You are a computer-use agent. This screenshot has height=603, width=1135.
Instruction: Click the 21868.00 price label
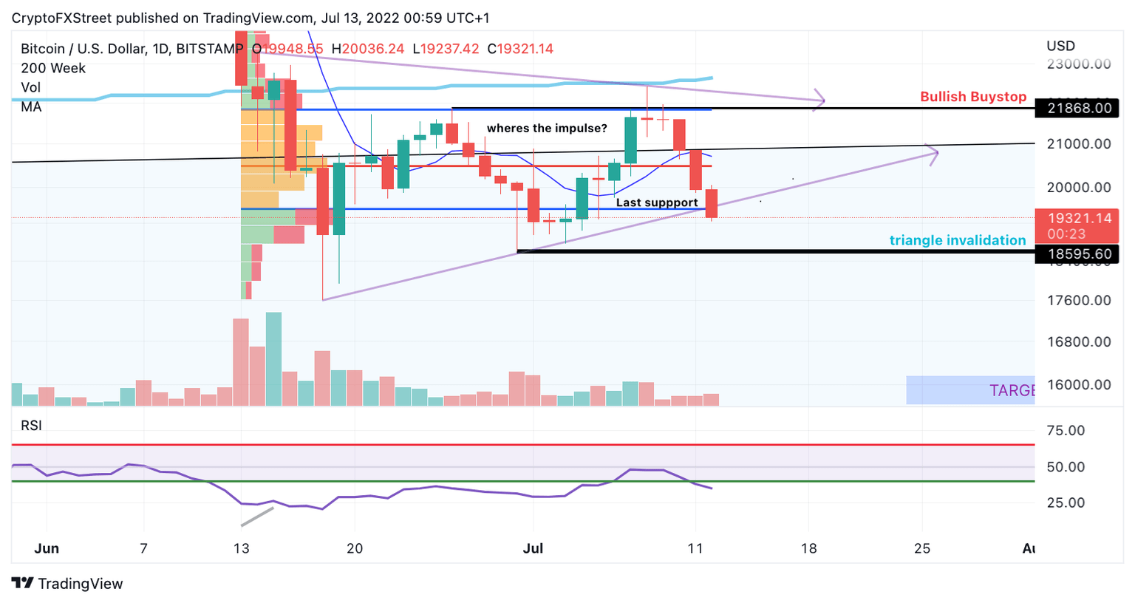[1079, 108]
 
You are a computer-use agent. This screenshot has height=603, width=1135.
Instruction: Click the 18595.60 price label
[1079, 253]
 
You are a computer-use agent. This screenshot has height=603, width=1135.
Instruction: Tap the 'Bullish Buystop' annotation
[972, 97]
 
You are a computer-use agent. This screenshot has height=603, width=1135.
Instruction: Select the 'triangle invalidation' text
[957, 240]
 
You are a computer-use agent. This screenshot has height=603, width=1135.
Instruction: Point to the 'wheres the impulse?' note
[547, 129]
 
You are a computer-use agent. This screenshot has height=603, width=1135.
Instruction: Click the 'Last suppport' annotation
[656, 202]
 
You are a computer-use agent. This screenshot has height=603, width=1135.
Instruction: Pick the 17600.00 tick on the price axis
[1079, 300]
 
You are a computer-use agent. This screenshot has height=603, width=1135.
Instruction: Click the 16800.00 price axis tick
[1079, 341]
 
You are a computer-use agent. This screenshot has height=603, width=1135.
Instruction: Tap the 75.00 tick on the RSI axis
[1066, 430]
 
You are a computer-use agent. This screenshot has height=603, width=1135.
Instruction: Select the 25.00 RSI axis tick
[1066, 502]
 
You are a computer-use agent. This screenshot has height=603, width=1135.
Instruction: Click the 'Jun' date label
[47, 548]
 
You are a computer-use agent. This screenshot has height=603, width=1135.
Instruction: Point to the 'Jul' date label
[533, 548]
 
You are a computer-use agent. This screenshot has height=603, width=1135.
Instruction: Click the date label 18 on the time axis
[809, 548]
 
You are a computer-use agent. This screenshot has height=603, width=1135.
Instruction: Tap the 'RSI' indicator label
[31, 426]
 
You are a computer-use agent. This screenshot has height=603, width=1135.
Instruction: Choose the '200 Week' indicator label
[53, 68]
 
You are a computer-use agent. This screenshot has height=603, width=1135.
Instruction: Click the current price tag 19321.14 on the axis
[1079, 218]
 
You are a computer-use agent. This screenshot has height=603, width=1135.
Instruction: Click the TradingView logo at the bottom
[67, 584]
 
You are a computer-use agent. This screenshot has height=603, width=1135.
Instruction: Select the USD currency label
[1060, 46]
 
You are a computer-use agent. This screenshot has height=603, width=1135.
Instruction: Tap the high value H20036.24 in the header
[368, 49]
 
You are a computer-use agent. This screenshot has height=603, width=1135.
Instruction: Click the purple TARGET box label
[1011, 390]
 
